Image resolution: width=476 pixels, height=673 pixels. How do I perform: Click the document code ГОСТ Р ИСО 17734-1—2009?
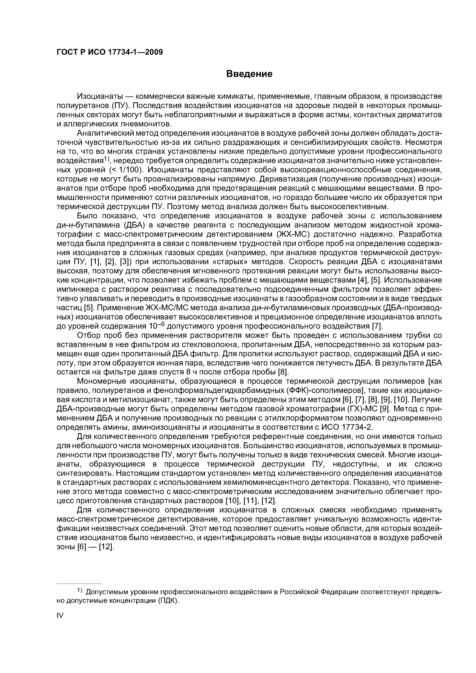point(109,52)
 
